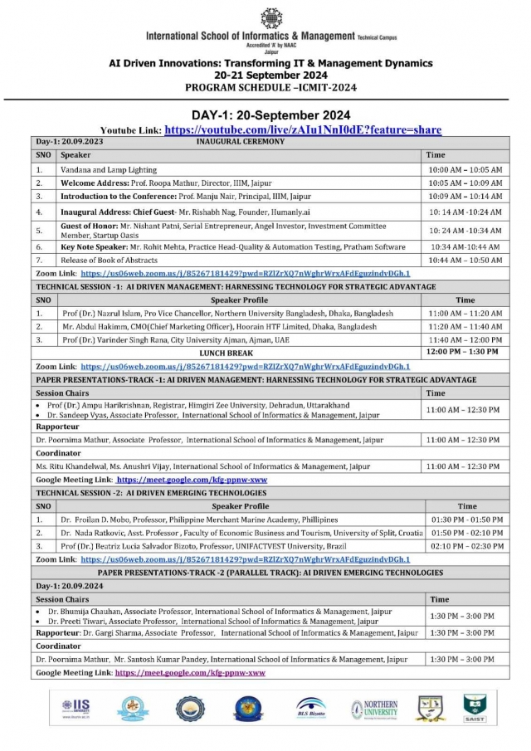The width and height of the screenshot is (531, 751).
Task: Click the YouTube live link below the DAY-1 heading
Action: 303,130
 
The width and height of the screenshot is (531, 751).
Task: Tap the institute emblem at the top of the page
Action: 271,18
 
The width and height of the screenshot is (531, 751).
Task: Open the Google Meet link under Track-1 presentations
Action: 192,480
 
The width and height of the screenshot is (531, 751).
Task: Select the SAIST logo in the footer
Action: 475,707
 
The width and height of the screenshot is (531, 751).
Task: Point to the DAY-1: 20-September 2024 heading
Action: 271,115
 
